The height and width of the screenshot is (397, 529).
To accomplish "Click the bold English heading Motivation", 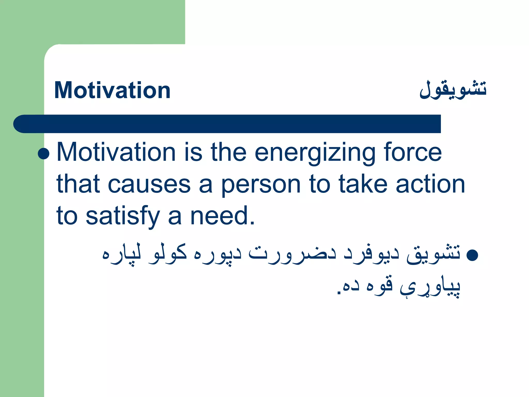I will point(112,90).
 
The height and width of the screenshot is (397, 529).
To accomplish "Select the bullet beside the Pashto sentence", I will point(472,255).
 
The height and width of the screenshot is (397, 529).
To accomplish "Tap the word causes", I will point(149,184).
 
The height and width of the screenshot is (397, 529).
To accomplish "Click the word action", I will point(430,184).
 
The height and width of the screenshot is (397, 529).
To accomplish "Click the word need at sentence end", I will point(222,216).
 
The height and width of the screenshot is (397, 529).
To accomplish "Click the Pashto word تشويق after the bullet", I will point(433,254).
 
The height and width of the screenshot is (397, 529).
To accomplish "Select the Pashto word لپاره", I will point(121,254).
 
